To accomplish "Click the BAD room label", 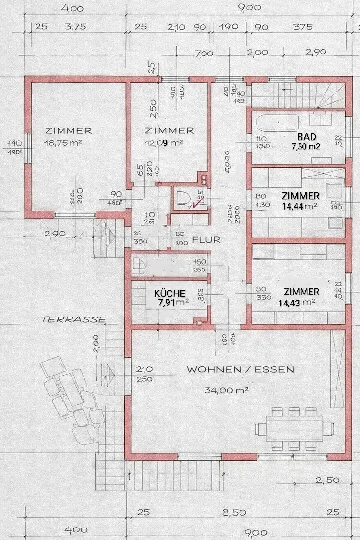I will (x=306, y=137).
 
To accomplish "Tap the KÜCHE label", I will (x=169, y=293).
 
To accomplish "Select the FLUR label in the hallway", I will (x=206, y=239).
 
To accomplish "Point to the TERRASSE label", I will (x=73, y=318).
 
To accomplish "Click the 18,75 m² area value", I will (x=69, y=142).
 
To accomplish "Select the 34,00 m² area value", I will (x=226, y=390).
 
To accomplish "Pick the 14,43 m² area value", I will (x=297, y=302).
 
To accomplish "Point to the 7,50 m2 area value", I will (x=306, y=146).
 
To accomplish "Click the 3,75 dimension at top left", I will (x=75, y=27).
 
